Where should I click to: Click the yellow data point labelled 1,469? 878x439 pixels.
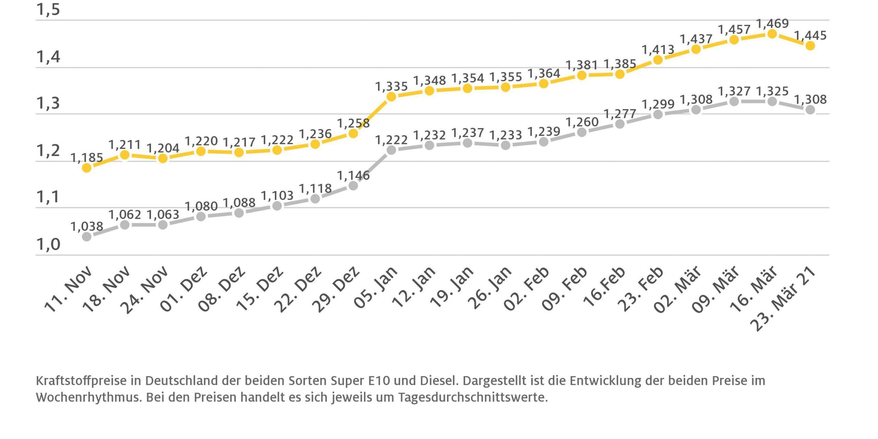pyautogui.click(x=772, y=34)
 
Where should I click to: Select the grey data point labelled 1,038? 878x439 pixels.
pyautogui.click(x=87, y=237)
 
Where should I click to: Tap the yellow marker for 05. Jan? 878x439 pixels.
pyautogui.click(x=391, y=97)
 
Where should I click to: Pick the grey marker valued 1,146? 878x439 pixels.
pyautogui.click(x=353, y=186)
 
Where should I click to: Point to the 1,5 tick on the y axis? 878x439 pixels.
pyautogui.click(x=48, y=10)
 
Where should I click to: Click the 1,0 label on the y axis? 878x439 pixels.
pyautogui.click(x=48, y=245)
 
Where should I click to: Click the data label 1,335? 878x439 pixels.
pyautogui.click(x=391, y=86)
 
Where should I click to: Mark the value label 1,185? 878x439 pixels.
pyautogui.click(x=87, y=158)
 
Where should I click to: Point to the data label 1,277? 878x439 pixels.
pyautogui.click(x=620, y=114)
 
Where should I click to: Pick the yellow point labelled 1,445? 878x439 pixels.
pyautogui.click(x=810, y=46)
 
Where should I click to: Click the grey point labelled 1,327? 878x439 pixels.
pyautogui.click(x=734, y=102)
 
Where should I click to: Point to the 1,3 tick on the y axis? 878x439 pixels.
pyautogui.click(x=48, y=103)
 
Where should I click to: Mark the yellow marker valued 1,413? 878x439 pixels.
pyautogui.click(x=658, y=60)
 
